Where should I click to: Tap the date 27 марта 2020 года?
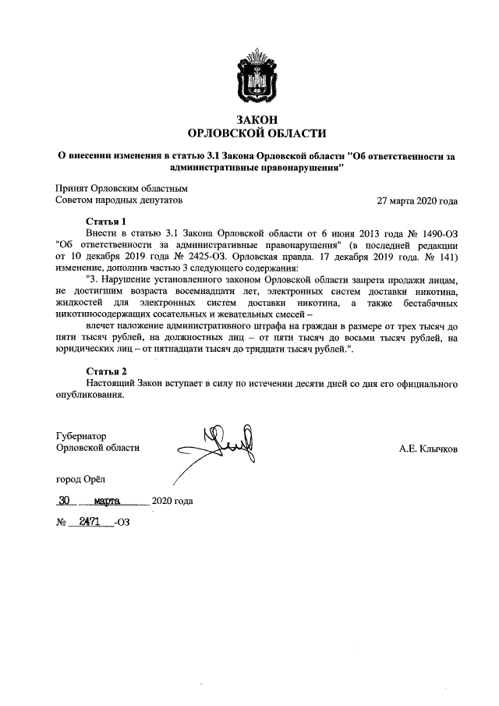417,200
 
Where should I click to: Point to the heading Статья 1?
105,222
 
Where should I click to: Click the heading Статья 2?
105,371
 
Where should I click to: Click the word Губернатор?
81,436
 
